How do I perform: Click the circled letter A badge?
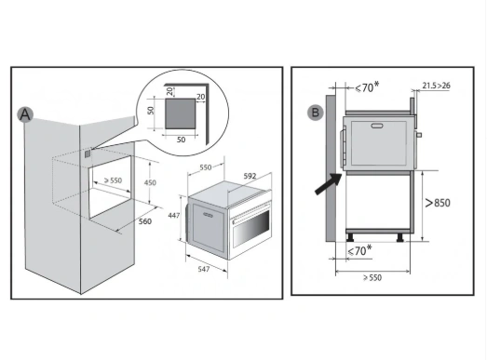[x=25, y=114]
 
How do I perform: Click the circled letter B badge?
[x=316, y=113]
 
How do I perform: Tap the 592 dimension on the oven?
[x=250, y=176]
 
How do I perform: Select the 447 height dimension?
[x=173, y=215]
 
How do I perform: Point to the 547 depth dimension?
[x=203, y=269]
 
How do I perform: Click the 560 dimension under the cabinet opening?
[x=144, y=221]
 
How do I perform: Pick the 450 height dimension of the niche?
[x=150, y=182]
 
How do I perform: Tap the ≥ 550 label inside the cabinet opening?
[x=113, y=180]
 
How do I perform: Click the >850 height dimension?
[x=438, y=203]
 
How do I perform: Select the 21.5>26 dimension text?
[x=436, y=86]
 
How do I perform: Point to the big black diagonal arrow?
[x=329, y=184]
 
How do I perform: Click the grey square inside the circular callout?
[x=180, y=113]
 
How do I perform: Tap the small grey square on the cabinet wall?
[x=88, y=153]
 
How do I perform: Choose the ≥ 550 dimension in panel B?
[x=372, y=277]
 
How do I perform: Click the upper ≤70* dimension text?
[x=367, y=87]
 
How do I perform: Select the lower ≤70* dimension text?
[x=359, y=250]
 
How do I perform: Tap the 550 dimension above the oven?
[x=205, y=167]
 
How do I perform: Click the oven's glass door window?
[x=251, y=228]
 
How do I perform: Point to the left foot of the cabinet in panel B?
[x=350, y=237]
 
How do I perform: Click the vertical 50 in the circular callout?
[x=151, y=110]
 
